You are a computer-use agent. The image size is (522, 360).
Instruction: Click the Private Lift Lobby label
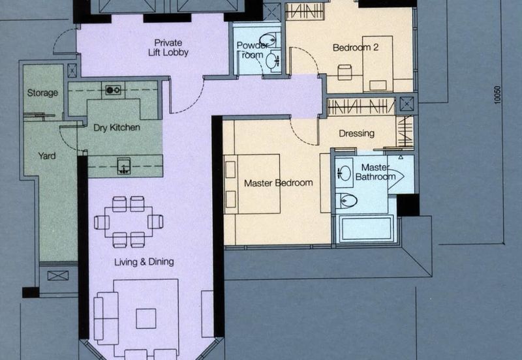coord(168,47)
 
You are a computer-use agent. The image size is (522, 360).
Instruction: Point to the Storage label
coord(42,93)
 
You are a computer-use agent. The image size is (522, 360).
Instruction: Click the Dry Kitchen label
coord(116,128)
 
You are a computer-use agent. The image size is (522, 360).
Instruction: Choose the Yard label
coord(47,156)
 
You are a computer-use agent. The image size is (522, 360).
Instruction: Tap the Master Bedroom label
coord(278,183)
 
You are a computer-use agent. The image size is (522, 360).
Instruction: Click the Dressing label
coord(356,134)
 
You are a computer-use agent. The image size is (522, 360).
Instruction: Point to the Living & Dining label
coord(144,262)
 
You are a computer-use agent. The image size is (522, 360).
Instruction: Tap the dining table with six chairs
coord(129,222)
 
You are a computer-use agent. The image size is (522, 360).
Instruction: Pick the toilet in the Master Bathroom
coord(348,201)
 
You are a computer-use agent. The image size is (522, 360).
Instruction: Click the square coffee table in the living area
coord(146,318)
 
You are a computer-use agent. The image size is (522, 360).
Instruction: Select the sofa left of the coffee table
coord(106,318)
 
